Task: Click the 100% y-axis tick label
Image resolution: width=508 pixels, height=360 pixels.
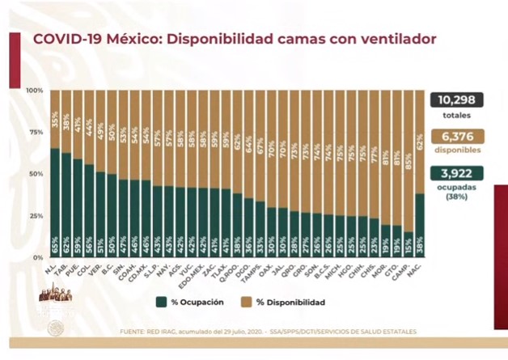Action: (x=35, y=90)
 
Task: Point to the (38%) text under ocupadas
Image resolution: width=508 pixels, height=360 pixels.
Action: (x=457, y=194)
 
